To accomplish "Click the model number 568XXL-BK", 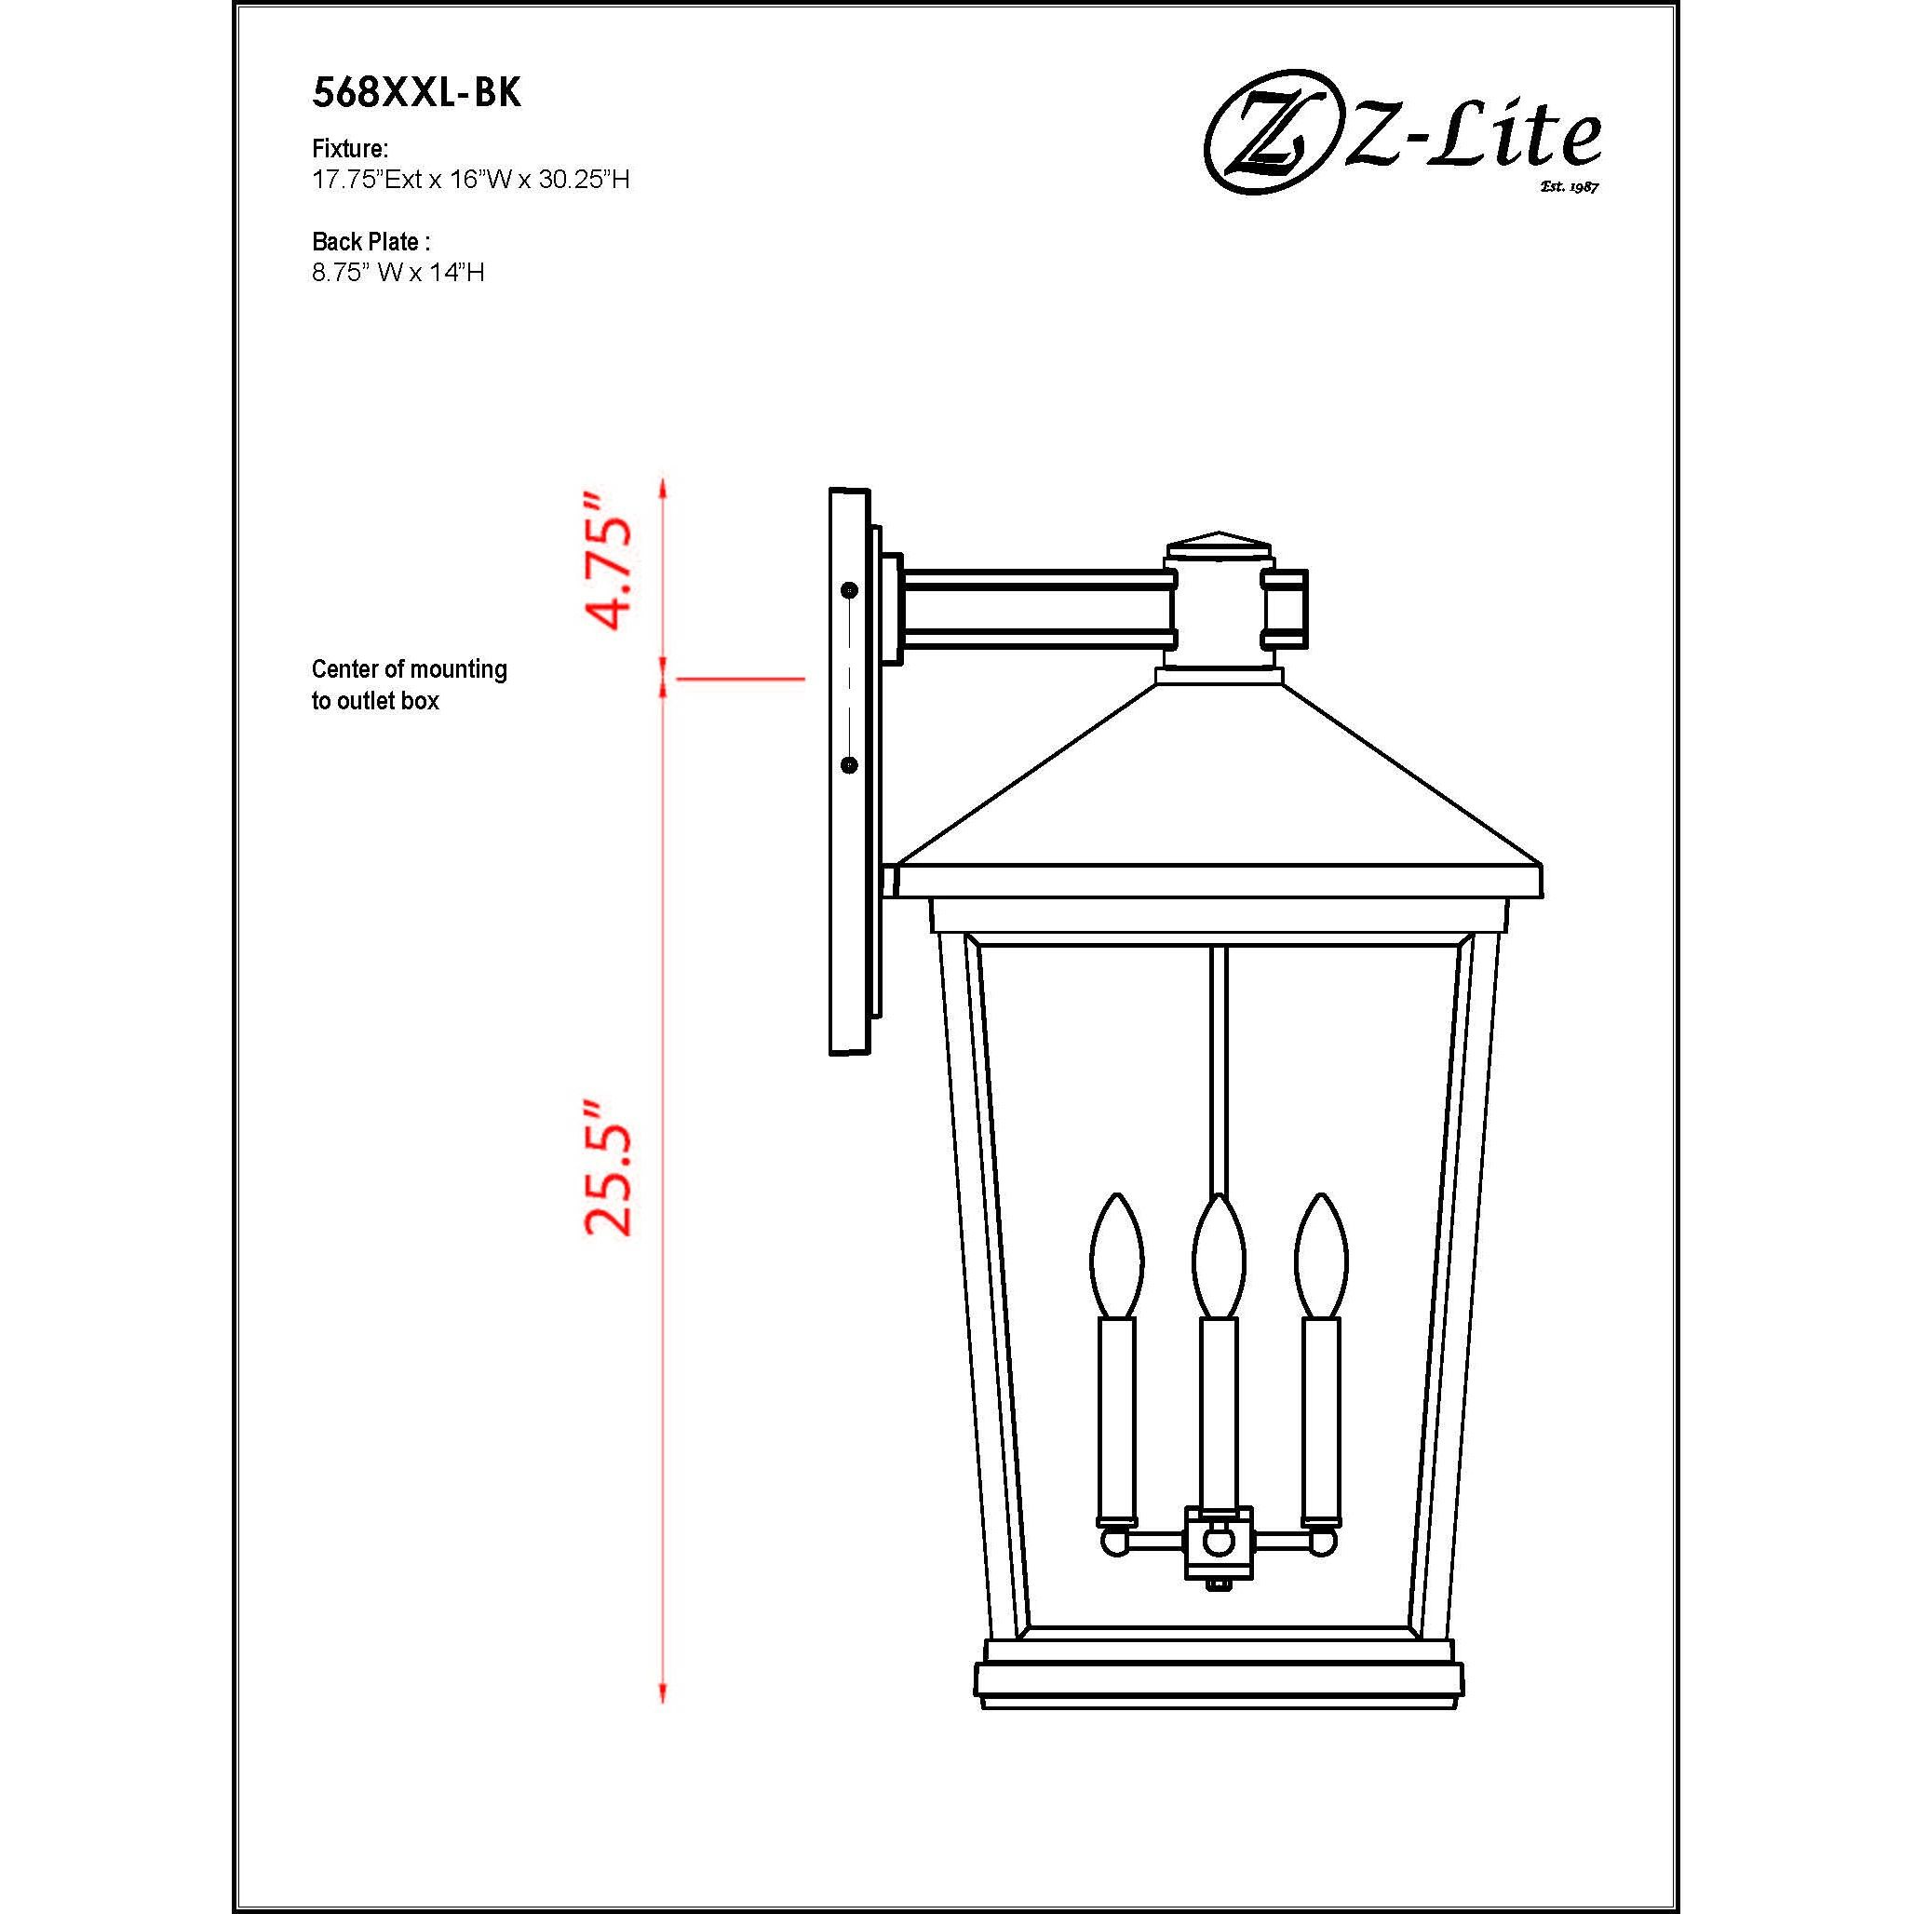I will click(416, 93).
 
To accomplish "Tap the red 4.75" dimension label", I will click(607, 560).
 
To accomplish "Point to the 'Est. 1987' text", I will click(1570, 187).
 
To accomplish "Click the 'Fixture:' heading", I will click(350, 149).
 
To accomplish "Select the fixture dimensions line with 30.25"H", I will click(470, 180).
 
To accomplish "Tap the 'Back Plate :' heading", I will click(371, 241).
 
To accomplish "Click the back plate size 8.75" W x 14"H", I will click(398, 273).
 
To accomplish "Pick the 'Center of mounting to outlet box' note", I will click(408, 684).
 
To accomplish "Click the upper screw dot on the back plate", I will click(849, 590).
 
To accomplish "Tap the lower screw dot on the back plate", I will click(849, 765).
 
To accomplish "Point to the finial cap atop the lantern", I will click(1219, 546).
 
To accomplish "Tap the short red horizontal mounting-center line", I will click(739, 679).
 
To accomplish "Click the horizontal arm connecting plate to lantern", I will click(1035, 607).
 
